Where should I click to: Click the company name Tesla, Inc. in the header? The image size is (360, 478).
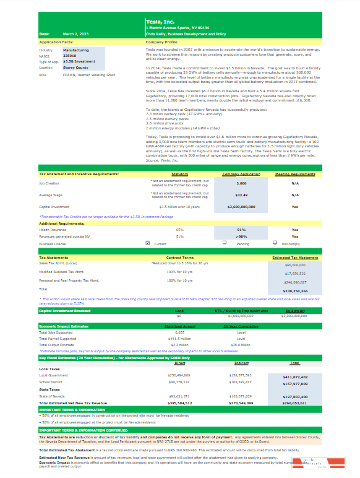[x=160, y=22]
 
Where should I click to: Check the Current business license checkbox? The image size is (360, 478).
[x=147, y=243]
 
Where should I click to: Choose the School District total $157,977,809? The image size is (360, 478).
[x=294, y=383]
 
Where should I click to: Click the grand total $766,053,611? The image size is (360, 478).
[x=294, y=402]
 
